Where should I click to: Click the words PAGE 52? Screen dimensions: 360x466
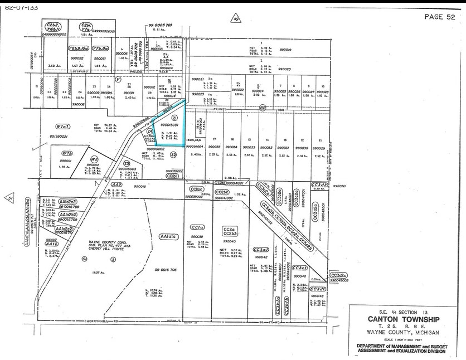click(x=439, y=17)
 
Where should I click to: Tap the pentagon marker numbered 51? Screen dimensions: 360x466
click(x=9, y=198)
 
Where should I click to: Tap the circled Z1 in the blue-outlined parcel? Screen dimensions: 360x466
click(x=174, y=118)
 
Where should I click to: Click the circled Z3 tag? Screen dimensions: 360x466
click(x=127, y=163)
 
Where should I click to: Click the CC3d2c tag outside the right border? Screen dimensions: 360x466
click(x=339, y=275)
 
